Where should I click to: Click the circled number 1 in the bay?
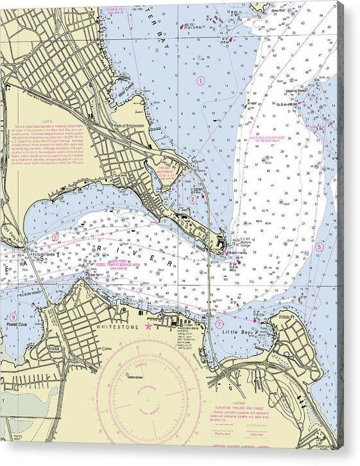click(x=201, y=81)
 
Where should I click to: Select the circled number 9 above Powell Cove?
click(x=13, y=317)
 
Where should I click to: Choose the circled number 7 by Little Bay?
click(x=219, y=324)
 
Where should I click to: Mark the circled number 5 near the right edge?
click(x=320, y=246)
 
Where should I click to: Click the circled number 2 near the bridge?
click(x=193, y=199)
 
